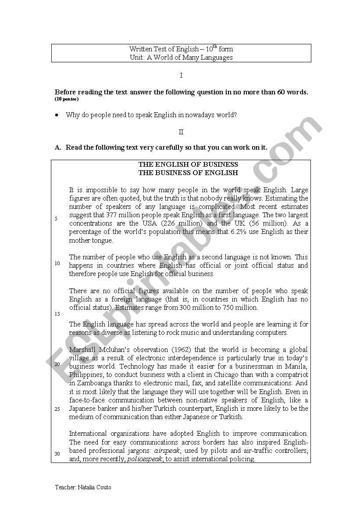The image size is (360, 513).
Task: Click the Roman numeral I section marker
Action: click(181, 75)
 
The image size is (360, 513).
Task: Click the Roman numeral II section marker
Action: click(181, 132)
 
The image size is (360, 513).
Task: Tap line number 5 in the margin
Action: click(56, 219)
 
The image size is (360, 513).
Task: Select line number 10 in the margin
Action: click(57, 263)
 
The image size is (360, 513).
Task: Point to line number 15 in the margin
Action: click(57, 314)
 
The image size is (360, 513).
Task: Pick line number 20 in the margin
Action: click(57, 364)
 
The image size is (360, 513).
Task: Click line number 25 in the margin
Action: click(57, 409)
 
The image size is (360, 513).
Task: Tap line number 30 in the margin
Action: click(57, 454)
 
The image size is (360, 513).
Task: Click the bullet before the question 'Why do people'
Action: click(57, 115)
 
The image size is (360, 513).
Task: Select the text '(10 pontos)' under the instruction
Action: click(67, 99)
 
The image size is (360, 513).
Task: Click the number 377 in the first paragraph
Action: click(112, 215)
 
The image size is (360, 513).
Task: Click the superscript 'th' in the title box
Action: click(215, 47)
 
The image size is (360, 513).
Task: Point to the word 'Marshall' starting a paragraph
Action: click(82, 350)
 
